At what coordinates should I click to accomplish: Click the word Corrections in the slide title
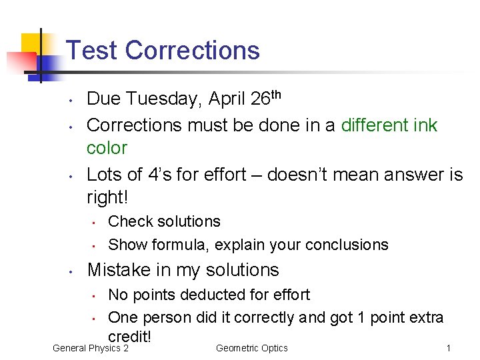click(x=192, y=51)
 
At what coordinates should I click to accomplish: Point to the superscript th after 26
click(x=277, y=95)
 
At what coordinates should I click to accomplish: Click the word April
click(x=227, y=100)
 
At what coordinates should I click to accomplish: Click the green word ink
click(x=425, y=125)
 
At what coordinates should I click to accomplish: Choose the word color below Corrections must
click(x=107, y=147)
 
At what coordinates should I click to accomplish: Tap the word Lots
click(x=105, y=175)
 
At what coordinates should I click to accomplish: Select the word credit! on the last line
click(x=130, y=337)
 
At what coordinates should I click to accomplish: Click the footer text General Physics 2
click(x=91, y=348)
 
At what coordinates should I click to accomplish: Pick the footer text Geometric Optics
click(x=252, y=348)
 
